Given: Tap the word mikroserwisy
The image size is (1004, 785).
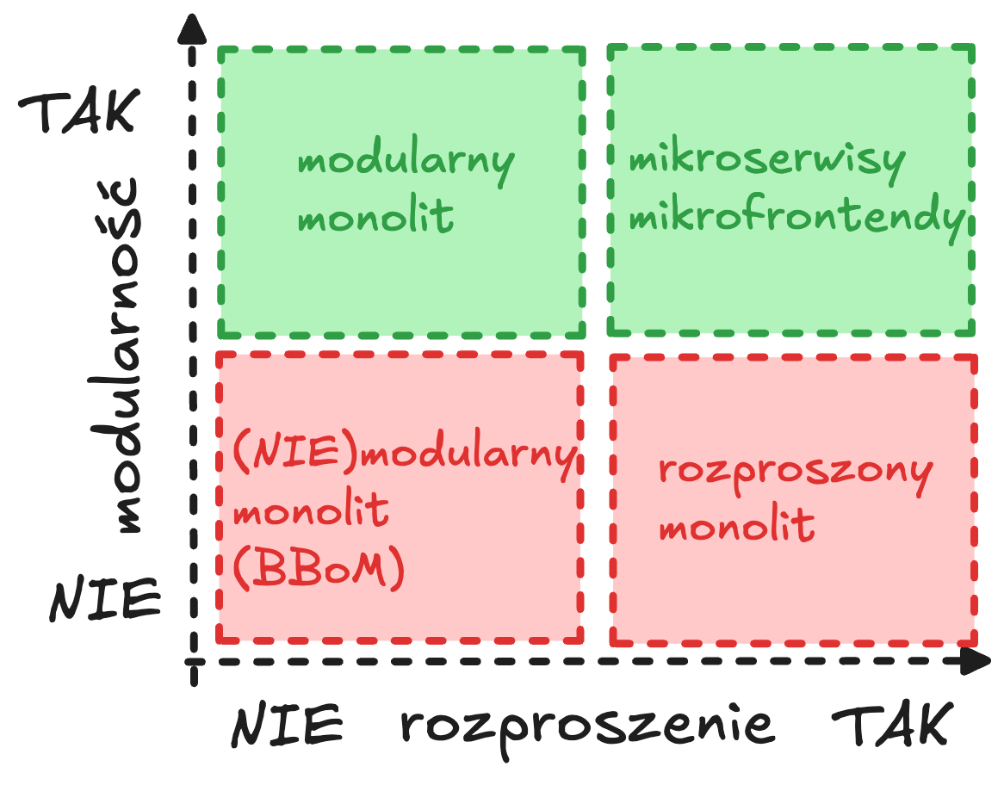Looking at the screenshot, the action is coord(767,161).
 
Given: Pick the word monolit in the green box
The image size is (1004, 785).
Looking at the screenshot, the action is coord(375,217).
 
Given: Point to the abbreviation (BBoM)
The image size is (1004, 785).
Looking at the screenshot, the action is coord(319,569).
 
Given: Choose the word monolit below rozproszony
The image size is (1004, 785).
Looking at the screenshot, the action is coord(736,525).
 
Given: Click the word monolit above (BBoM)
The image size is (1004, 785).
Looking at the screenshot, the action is coord(311,512).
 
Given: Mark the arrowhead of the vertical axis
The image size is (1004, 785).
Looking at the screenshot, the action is coord(193,31).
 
